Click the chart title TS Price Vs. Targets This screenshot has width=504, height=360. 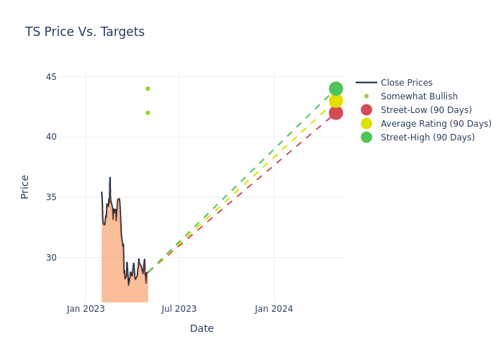pos(85,32)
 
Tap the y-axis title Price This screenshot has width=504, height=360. pos(25,186)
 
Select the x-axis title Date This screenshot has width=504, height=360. pos(202,328)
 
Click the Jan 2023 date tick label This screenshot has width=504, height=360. pos(86,309)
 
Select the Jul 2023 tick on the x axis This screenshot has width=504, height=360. pos(179,309)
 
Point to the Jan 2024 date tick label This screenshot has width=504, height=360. pos(274,309)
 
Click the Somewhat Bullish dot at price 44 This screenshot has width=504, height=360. pos(148,89)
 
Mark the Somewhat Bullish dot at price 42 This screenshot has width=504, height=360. pos(148,112)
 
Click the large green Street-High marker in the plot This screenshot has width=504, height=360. pos(336,89)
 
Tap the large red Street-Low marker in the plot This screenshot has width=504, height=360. pos(336,112)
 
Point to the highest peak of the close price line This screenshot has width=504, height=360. pos(110,177)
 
